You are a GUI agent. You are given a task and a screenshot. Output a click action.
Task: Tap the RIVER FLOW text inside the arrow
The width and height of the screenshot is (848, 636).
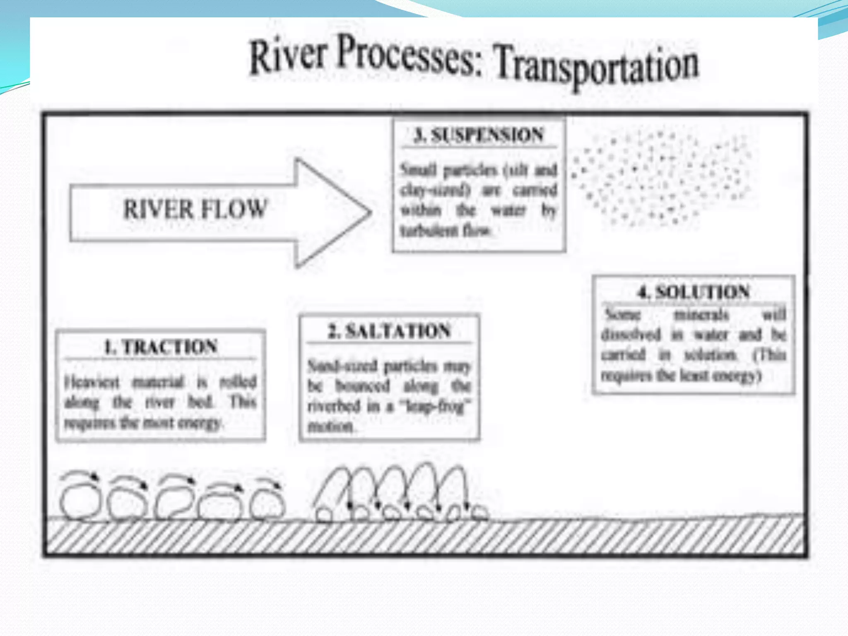coord(195,209)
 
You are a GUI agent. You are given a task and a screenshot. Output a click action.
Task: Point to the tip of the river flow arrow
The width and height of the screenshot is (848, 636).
coord(369,213)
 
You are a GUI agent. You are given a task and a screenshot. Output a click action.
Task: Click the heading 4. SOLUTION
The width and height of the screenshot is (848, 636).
coord(693,292)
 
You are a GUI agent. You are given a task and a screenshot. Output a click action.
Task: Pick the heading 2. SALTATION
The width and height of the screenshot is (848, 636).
coord(389,331)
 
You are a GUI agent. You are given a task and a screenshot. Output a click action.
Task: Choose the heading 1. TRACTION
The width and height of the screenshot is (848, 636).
coord(161,347)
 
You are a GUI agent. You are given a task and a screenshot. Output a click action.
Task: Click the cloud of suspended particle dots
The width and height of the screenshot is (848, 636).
coord(662,178)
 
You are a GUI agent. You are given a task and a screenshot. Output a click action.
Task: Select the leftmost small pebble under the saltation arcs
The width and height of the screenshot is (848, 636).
coord(324,515)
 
